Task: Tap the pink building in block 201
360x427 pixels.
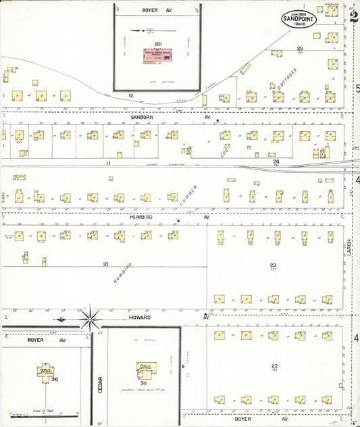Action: (156, 57)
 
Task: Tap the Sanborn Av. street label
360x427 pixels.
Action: (142, 116)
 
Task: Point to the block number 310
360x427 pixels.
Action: (55, 380)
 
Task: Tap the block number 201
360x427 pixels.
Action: (157, 44)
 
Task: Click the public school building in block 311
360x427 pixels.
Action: (146, 369)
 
